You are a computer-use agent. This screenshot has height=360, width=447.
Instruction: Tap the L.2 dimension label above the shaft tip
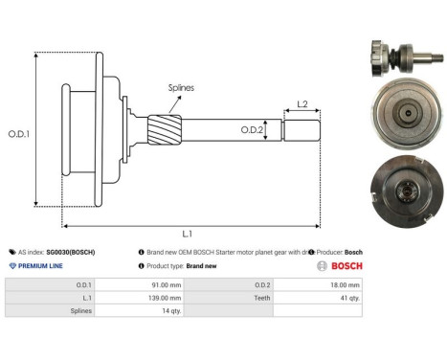coord(302,103)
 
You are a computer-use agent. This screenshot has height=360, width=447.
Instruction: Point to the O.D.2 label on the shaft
coord(252,128)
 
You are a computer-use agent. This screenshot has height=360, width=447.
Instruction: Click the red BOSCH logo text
coord(345,266)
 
